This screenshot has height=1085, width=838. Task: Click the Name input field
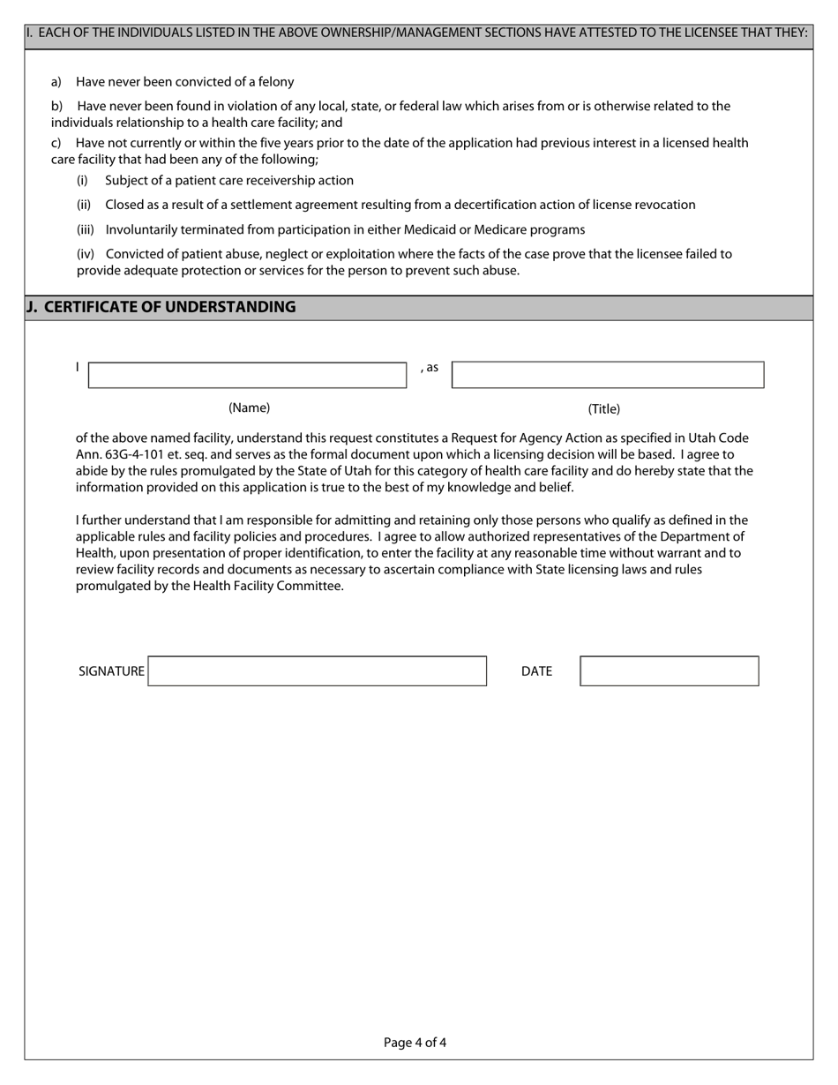[247, 375]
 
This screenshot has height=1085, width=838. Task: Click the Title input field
[608, 375]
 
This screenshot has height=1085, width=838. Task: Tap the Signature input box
[318, 671]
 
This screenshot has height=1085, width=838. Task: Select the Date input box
[670, 671]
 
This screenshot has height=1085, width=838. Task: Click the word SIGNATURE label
[111, 671]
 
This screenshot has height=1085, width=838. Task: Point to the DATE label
[536, 671]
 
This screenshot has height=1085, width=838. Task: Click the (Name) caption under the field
[250, 408]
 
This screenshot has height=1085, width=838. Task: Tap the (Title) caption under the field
[604, 408]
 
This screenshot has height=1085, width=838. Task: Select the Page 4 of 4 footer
[415, 1043]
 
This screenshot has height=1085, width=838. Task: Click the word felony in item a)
[275, 82]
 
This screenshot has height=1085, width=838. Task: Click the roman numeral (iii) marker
[86, 229]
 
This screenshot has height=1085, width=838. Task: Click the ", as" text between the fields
[429, 367]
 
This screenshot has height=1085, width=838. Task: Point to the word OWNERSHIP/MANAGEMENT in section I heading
[325, 33]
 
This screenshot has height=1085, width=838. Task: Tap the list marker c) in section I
[56, 143]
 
